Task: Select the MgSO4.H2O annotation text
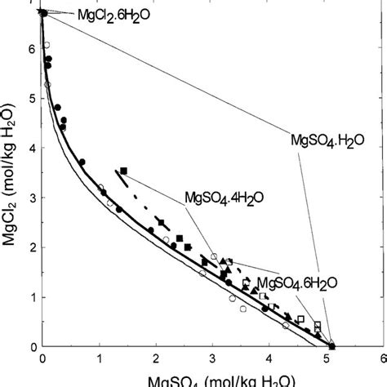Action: pyautogui.click(x=327, y=140)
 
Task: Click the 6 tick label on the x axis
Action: pyautogui.click(x=381, y=359)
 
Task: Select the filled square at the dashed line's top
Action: pyautogui.click(x=123, y=171)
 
